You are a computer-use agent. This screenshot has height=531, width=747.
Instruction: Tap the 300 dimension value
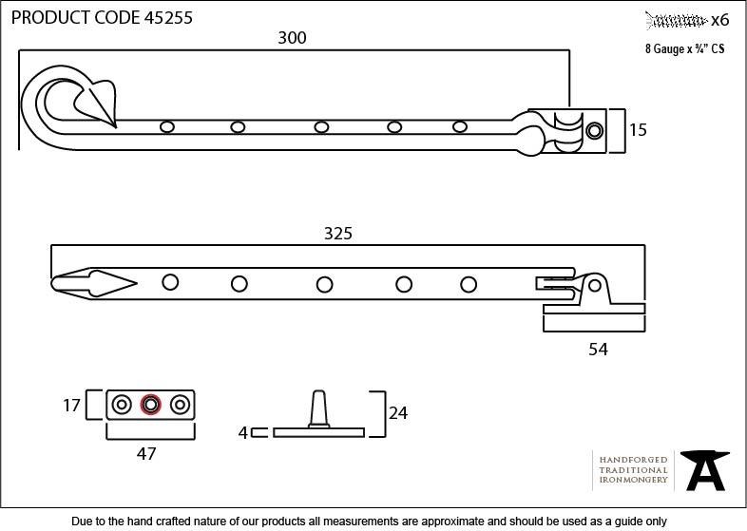292,38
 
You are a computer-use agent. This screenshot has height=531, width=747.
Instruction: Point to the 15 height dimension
638,130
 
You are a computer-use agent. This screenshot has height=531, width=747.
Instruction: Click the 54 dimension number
598,349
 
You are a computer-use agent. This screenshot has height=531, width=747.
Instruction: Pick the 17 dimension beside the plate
71,406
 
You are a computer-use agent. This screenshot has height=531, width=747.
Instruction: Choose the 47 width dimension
145,454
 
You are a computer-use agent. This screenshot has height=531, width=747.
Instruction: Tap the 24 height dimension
397,413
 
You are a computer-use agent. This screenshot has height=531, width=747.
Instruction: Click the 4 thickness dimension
243,432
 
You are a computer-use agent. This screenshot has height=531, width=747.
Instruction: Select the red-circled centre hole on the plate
149,406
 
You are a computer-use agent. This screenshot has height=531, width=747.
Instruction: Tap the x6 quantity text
719,19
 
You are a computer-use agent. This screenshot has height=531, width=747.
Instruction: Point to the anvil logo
705,468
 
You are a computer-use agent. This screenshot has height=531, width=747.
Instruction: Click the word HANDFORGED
633,460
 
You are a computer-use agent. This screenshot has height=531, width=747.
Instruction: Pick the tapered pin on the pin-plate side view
320,410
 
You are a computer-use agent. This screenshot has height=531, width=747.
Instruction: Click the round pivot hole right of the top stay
595,130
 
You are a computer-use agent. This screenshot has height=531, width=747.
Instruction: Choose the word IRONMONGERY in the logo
633,481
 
